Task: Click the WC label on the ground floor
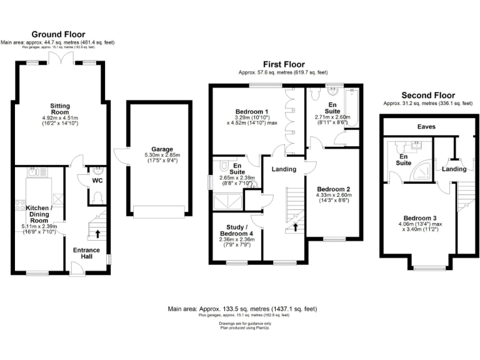(97, 181)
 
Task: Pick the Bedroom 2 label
(334, 189)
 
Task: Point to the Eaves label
(427, 126)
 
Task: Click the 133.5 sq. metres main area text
(242, 309)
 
